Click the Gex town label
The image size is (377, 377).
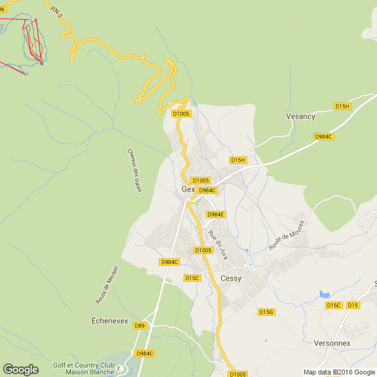[188, 189]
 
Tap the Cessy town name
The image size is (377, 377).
[231, 278]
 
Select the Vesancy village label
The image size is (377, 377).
[300, 116]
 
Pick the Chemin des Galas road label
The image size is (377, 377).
[134, 170]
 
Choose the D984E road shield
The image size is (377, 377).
[216, 214]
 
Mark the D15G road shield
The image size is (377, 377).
[266, 312]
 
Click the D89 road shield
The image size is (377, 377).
[140, 326]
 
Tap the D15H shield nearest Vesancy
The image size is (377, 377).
[342, 106]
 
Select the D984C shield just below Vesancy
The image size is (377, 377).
[323, 137]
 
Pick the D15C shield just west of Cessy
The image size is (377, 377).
[192, 278]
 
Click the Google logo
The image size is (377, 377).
[20, 369]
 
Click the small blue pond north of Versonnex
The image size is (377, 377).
[323, 294]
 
